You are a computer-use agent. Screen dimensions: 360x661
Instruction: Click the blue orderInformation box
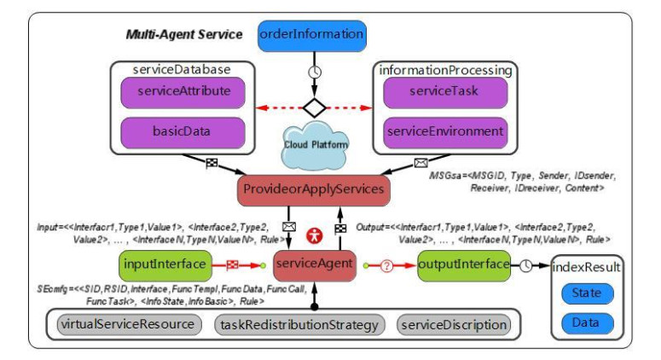point(311,35)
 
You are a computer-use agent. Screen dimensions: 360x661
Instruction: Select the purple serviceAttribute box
point(179,90)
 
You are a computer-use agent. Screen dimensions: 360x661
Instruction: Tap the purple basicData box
point(179,131)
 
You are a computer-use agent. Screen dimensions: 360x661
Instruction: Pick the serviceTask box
point(444,92)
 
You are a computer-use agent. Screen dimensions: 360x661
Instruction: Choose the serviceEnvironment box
point(444,132)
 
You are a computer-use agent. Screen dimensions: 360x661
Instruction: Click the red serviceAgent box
point(313,264)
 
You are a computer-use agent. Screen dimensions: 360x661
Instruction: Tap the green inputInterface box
point(160,264)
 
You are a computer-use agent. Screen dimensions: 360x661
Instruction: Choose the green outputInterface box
point(463,264)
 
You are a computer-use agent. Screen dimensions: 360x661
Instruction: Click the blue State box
point(586,293)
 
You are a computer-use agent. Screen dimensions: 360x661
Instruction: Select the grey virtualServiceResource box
point(129,324)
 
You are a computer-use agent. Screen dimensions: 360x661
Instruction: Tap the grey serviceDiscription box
point(454,324)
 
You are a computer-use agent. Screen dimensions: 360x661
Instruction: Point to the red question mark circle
point(386,265)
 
